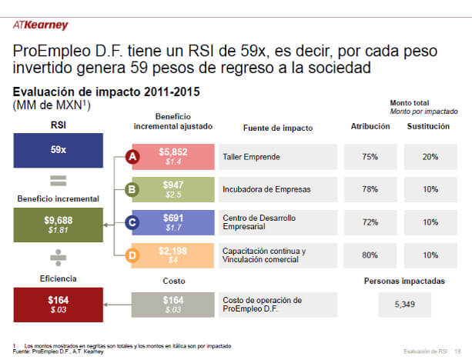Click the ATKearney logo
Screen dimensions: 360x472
coord(41,25)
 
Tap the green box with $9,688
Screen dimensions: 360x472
coord(58,224)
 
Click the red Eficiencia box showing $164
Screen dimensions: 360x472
coord(58,303)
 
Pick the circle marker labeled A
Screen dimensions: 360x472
coord(131,158)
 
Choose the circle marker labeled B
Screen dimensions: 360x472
coord(131,189)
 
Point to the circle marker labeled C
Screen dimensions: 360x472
coord(131,223)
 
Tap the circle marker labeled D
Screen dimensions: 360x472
coord(131,255)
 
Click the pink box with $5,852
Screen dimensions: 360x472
coord(173,157)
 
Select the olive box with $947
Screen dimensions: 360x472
coord(173,190)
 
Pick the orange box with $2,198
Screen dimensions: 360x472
coord(173,255)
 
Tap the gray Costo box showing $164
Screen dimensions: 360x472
coord(173,304)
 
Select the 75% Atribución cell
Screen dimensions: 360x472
coord(370,157)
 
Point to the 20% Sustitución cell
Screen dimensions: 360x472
coord(430,157)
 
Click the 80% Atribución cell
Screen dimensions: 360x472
coord(370,255)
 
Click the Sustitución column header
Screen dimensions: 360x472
coord(428,126)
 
